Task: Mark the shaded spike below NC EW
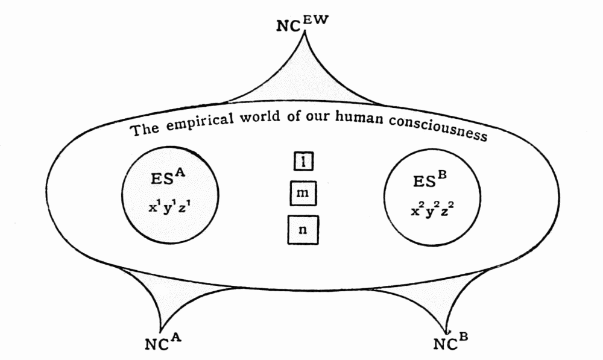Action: tap(301, 84)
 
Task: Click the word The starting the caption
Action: tap(145, 128)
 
